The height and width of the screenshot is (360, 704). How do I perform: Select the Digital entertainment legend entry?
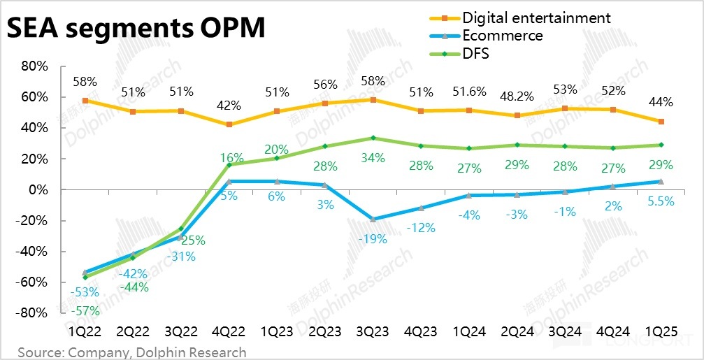click(x=536, y=17)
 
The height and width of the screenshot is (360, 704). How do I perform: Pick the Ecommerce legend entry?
click(x=503, y=35)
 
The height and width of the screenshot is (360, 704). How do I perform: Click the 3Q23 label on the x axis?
click(x=373, y=332)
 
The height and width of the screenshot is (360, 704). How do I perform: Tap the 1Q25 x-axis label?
click(x=661, y=332)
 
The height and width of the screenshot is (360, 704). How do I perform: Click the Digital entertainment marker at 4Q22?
click(x=229, y=124)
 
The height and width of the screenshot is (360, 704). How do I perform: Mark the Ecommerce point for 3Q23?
click(x=373, y=219)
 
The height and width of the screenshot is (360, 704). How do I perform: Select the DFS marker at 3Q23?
click(x=373, y=138)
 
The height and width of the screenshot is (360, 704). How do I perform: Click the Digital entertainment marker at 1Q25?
click(x=661, y=122)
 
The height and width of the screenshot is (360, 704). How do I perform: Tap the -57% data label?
click(x=87, y=310)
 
